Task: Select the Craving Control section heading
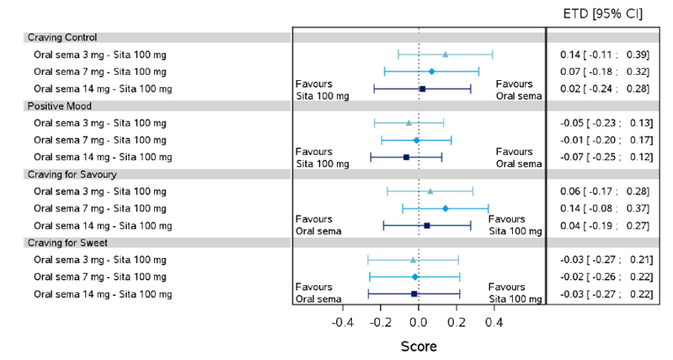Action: pos(62,38)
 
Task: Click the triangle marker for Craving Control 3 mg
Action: pos(445,55)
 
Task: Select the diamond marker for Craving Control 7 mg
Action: pos(432,71)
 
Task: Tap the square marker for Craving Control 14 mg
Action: pos(422,89)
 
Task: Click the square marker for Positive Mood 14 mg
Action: pos(406,157)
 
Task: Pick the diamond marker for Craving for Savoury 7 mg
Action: pos(445,209)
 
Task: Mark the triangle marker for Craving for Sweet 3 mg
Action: pos(413,260)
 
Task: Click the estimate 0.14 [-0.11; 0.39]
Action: pos(606,55)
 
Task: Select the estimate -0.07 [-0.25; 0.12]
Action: pos(606,157)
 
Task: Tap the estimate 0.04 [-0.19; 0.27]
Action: pos(606,225)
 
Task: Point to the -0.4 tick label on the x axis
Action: pos(343,323)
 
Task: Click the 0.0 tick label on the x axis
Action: pos(419,323)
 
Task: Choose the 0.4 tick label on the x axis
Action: pos(494,323)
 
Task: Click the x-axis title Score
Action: pos(419,347)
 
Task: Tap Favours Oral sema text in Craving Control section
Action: pos(518,90)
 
